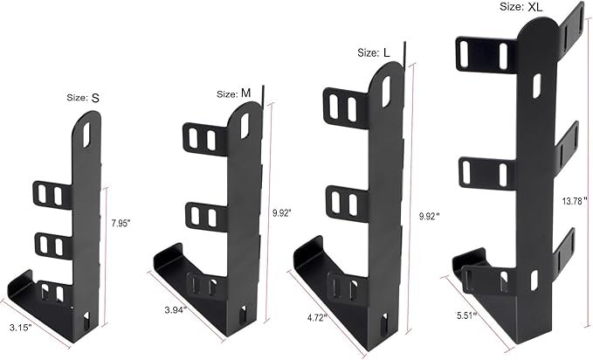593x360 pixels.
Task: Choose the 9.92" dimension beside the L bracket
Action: point(427,215)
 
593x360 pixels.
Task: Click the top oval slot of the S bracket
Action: point(86,135)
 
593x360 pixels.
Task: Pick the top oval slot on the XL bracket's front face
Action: point(535,85)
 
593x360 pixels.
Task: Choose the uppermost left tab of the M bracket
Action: point(202,136)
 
